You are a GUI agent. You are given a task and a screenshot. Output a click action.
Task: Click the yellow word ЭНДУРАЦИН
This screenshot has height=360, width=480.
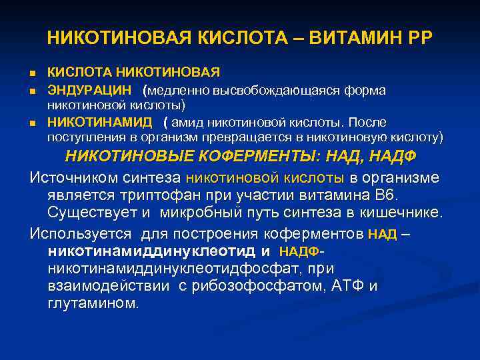[x=89, y=90]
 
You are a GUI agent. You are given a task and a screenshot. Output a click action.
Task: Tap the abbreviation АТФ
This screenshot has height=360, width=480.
[x=347, y=286]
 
